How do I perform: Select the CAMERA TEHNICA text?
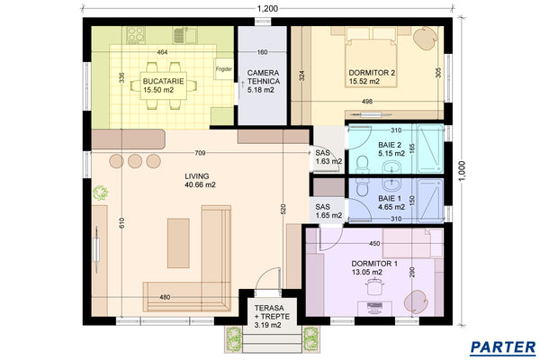(x=263, y=76)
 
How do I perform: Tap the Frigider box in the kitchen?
(x=223, y=68)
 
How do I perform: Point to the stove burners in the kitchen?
(x=137, y=35)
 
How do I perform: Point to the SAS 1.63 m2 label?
(x=322, y=157)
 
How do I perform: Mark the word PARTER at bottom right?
(x=502, y=346)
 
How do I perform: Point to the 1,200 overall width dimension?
(x=267, y=9)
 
